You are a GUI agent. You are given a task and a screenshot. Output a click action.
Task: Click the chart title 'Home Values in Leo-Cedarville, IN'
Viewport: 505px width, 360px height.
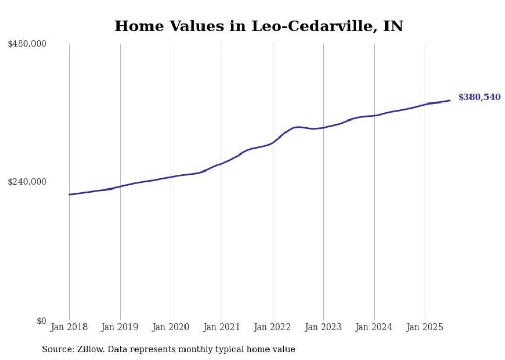click(259, 26)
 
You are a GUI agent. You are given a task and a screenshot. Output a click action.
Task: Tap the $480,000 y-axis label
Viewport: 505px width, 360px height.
click(27, 44)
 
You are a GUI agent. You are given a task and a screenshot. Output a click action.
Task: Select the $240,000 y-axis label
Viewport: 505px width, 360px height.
click(27, 182)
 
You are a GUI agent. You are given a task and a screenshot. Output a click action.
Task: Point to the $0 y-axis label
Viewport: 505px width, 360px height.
click(41, 321)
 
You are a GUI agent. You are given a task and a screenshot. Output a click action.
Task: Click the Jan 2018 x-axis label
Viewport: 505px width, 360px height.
click(69, 327)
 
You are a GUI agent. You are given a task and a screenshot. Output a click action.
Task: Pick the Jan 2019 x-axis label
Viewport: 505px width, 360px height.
click(120, 327)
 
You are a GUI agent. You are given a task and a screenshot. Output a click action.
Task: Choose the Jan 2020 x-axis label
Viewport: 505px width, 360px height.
click(171, 327)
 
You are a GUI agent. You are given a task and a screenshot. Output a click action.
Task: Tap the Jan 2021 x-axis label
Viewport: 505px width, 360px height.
click(222, 327)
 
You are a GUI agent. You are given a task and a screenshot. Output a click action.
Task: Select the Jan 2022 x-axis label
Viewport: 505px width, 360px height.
click(272, 327)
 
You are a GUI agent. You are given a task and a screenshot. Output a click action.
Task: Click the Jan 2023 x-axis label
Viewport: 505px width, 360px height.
click(323, 327)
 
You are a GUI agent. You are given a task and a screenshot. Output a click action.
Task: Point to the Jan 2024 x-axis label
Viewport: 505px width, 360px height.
click(374, 327)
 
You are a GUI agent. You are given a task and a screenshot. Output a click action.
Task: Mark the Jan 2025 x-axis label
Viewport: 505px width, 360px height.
click(425, 327)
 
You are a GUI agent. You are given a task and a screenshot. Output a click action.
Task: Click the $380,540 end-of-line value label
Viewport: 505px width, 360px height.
click(479, 97)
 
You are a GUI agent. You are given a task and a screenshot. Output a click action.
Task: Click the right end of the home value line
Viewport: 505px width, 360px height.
click(450, 100)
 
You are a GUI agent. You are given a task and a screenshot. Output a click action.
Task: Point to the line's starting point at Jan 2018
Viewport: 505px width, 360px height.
click(69, 194)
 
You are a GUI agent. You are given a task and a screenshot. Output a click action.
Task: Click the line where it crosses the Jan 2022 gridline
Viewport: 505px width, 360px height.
click(273, 142)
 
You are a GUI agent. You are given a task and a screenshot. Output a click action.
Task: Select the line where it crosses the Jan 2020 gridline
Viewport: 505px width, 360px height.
click(171, 177)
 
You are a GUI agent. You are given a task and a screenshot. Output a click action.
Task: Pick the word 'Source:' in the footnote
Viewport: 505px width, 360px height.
click(57, 349)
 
